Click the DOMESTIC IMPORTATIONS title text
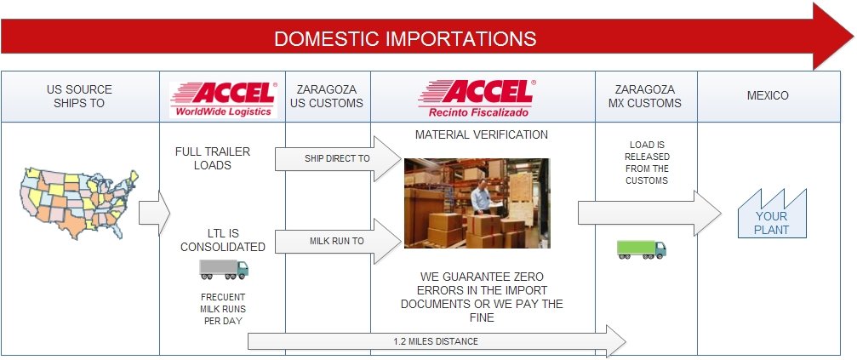pos(405,39)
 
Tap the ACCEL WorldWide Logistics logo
pos(223,99)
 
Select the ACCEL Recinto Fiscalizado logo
pos(477,99)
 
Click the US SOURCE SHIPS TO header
pos(79,95)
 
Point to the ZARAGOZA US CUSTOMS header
pos(326,95)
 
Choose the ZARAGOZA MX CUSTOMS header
pos(645,95)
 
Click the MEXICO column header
pos(768,95)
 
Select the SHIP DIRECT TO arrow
pos(338,159)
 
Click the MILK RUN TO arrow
pos(338,241)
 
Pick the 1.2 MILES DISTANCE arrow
pos(437,341)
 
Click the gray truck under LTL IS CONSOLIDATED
pos(224,270)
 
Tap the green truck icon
pos(642,249)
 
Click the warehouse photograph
pos(477,203)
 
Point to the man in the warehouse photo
pos(483,199)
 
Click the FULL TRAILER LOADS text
pos(213,158)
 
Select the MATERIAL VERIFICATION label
pos(482,134)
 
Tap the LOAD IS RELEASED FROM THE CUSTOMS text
pos(647,163)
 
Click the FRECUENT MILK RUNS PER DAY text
pos(223,309)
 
